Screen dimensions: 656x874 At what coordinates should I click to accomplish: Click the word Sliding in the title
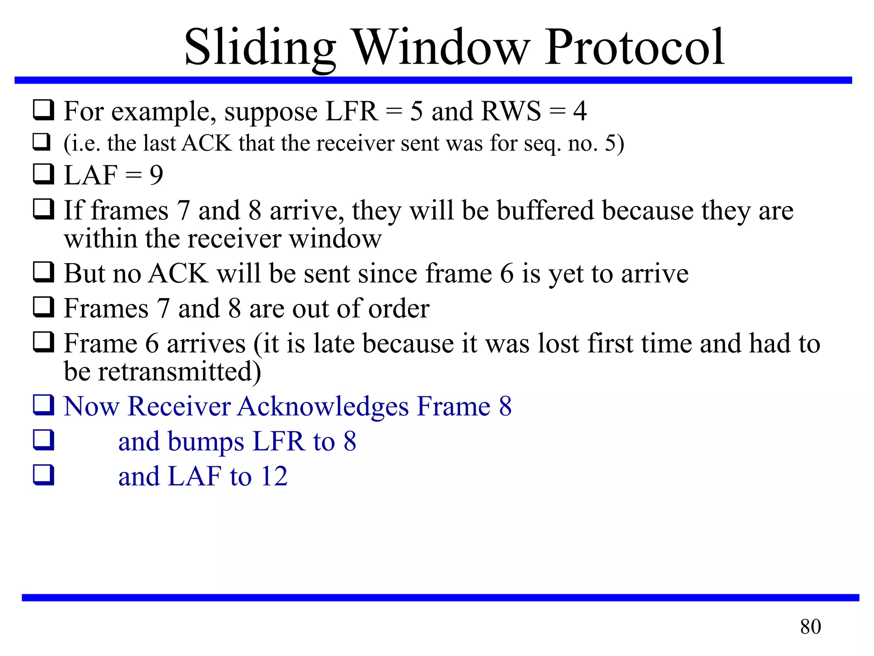click(259, 48)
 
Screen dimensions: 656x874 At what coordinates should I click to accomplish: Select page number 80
click(810, 627)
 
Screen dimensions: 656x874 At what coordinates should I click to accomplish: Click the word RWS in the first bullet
click(511, 111)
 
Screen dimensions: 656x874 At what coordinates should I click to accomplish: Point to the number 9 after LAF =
click(156, 175)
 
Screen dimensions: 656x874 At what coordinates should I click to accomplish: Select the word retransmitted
click(179, 371)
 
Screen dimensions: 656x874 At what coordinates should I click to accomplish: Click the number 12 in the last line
click(274, 476)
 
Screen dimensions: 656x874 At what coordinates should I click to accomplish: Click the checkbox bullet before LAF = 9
click(44, 174)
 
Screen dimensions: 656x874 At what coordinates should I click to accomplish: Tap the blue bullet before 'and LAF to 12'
click(44, 475)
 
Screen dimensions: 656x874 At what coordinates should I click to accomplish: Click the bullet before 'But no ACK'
click(44, 272)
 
